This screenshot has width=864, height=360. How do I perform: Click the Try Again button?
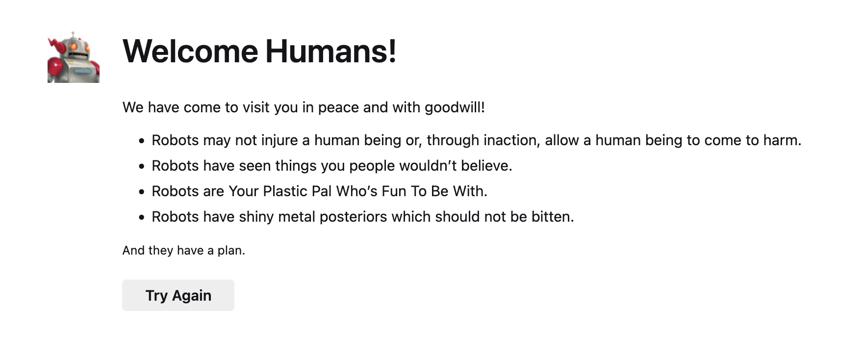tap(178, 295)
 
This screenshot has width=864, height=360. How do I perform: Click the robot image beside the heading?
tap(74, 57)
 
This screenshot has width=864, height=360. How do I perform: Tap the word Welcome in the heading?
tap(190, 51)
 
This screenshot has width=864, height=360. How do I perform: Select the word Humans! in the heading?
tap(331, 51)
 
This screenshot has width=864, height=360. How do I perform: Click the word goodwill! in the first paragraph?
tap(455, 107)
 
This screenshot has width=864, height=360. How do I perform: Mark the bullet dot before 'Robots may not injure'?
tap(142, 141)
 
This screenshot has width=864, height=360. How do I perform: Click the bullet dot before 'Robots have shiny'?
tap(142, 218)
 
